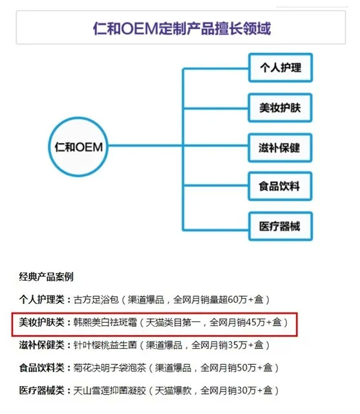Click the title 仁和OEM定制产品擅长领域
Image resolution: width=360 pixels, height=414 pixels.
[x=182, y=28]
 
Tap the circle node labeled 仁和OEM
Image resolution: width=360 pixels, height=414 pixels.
[x=78, y=147]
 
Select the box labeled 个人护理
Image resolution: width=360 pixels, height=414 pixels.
[x=281, y=67]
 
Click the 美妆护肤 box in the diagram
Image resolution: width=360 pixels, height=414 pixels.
[x=280, y=108]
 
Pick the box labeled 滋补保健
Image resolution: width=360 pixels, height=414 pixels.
[x=280, y=148]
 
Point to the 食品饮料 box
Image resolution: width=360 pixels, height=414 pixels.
[x=280, y=186]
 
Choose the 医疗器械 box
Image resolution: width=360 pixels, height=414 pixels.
[x=281, y=226]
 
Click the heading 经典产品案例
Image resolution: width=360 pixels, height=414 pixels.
[x=46, y=277]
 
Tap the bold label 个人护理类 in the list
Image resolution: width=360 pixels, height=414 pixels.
[x=41, y=300]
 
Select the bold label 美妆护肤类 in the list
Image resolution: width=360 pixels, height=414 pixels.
[x=41, y=322]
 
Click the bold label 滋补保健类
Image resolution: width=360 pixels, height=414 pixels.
[x=41, y=345]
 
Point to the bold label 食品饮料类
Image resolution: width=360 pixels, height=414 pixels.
[x=41, y=367]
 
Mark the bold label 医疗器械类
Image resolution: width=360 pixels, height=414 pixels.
[x=41, y=390]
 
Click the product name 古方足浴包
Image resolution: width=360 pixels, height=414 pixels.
[x=96, y=300]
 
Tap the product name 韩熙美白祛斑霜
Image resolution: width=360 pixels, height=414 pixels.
[x=105, y=322]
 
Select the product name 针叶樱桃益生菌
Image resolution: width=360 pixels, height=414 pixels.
[x=105, y=345]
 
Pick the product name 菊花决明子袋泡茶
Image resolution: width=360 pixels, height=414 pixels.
[x=110, y=367]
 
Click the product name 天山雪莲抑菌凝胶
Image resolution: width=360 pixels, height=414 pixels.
[x=110, y=390]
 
